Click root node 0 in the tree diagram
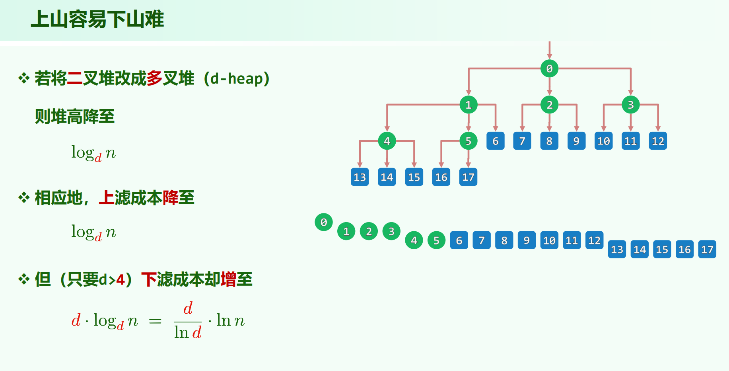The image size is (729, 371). pyautogui.click(x=549, y=68)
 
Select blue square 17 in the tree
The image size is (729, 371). pyautogui.click(x=468, y=177)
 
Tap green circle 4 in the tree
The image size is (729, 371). pyautogui.click(x=387, y=141)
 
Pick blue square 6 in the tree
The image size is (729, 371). pyautogui.click(x=495, y=141)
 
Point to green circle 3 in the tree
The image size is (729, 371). pyautogui.click(x=630, y=105)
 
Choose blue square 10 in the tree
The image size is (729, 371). pyautogui.click(x=603, y=141)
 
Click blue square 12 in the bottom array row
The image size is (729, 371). pyautogui.click(x=594, y=240)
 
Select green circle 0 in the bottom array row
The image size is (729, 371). pyautogui.click(x=324, y=222)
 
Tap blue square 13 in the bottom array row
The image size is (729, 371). pyautogui.click(x=617, y=250)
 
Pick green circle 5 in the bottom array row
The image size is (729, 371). pyautogui.click(x=436, y=240)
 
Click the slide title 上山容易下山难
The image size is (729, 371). pyautogui.click(x=97, y=19)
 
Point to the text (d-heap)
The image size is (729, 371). pyautogui.click(x=237, y=79)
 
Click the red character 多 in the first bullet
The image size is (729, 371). pyautogui.click(x=154, y=78)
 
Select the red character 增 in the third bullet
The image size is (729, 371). pyautogui.click(x=228, y=279)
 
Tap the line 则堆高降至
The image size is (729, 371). pyautogui.click(x=75, y=117)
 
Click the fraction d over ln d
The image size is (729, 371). pyautogui.click(x=188, y=320)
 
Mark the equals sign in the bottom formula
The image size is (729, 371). pyautogui.click(x=155, y=321)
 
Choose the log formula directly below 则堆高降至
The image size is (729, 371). pyautogui.click(x=93, y=153)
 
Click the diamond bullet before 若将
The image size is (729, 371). pyautogui.click(x=24, y=78)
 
